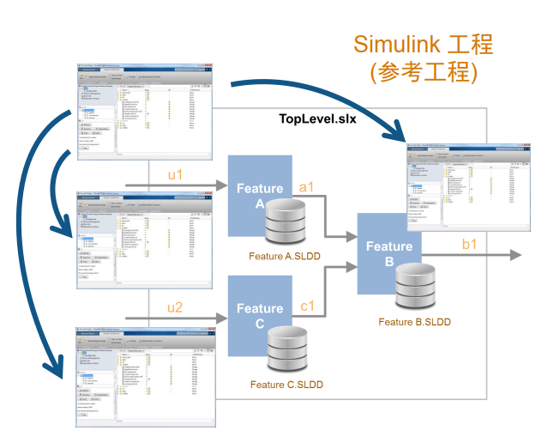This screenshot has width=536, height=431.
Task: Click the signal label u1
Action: (176, 174)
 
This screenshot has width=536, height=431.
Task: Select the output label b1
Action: (470, 245)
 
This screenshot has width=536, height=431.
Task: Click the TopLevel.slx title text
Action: (317, 118)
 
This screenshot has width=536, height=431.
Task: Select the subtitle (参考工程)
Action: (424, 72)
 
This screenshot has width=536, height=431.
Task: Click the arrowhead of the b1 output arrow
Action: (515, 256)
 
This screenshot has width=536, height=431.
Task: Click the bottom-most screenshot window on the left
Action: (147, 375)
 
